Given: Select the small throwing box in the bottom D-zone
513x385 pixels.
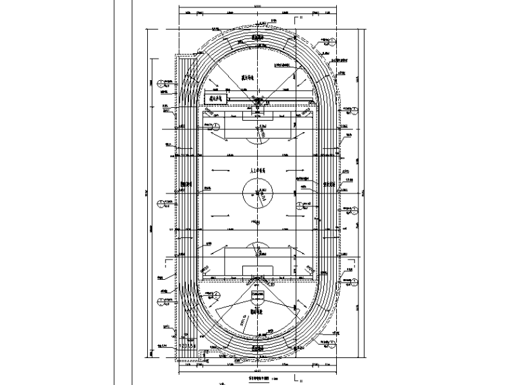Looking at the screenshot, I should pos(258,295).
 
